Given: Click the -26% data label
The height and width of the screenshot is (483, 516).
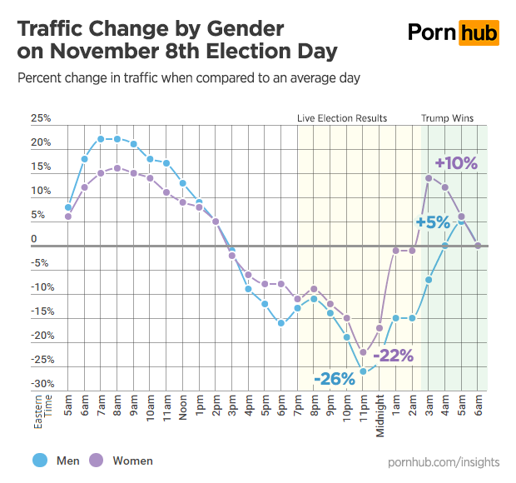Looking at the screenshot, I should click(334, 379).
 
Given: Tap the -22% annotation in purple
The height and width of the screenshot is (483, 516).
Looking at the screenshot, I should click(393, 356).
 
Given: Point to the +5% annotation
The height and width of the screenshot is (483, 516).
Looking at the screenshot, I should click(433, 222).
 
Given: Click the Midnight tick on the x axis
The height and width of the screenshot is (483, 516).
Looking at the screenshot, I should click(380, 417).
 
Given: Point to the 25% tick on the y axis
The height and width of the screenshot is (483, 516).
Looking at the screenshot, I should click(41, 118).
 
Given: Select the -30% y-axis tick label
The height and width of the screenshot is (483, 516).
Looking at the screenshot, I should click(41, 384).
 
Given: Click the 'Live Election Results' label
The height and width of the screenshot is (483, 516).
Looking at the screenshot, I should click(342, 118).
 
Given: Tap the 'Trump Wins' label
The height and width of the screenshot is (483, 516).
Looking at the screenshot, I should click(448, 118).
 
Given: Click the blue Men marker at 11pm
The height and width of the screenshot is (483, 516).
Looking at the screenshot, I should click(363, 371).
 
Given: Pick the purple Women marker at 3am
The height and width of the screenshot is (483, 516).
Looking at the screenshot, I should click(429, 177).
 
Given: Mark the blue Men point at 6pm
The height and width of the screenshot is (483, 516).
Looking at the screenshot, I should click(281, 323).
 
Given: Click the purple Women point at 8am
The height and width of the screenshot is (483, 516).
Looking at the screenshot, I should click(117, 168).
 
